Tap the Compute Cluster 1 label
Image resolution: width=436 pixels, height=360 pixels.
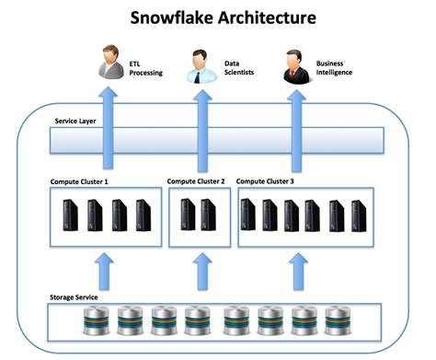pyautogui.click(x=82, y=181)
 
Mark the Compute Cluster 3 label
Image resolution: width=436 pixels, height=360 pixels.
pyautogui.click(x=266, y=181)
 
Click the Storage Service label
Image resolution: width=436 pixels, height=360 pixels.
pyautogui.click(x=77, y=296)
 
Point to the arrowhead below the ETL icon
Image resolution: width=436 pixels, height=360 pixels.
pyautogui.click(x=110, y=95)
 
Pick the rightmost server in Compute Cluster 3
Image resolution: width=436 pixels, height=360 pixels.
pyautogui.click(x=361, y=215)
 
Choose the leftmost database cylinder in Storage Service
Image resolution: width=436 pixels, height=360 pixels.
pyautogui.click(x=96, y=322)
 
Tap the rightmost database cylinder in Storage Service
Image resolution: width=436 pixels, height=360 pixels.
pyautogui.click(x=330, y=322)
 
